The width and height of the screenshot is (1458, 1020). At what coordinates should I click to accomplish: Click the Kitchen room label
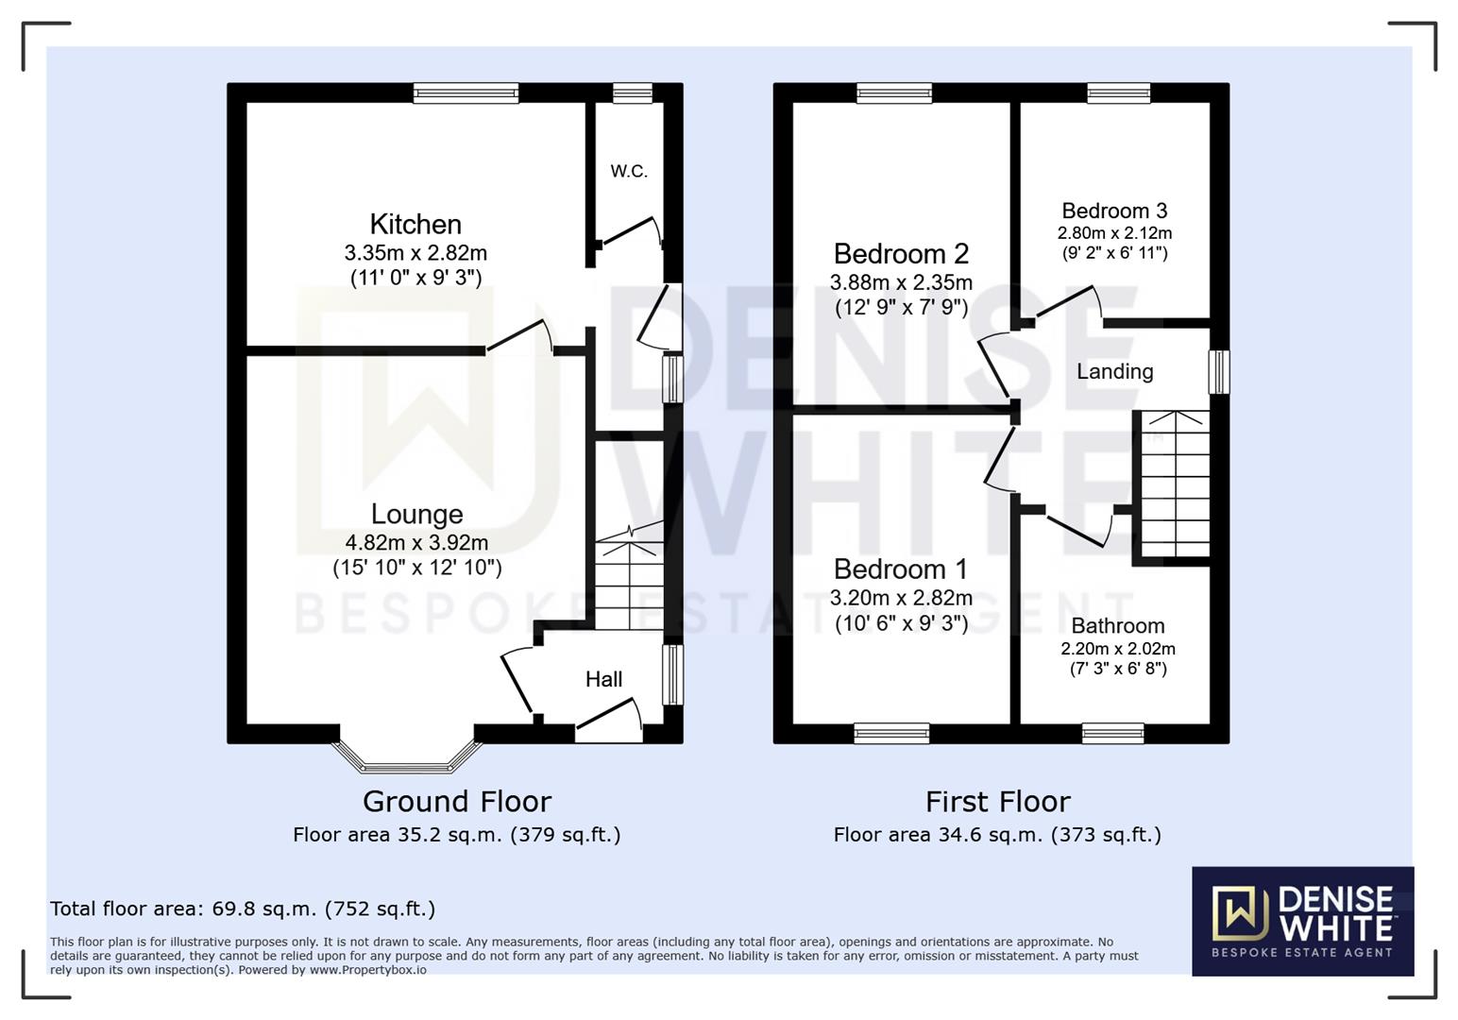[x=415, y=224]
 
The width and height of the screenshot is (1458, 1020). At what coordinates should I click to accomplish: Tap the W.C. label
[x=629, y=171]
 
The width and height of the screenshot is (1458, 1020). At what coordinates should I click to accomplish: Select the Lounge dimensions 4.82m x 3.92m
[x=416, y=542]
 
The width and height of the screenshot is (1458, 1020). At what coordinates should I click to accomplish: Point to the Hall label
[x=603, y=679]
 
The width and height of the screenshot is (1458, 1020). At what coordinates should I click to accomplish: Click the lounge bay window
[x=407, y=756]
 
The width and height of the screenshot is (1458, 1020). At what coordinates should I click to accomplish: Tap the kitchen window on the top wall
[x=466, y=93]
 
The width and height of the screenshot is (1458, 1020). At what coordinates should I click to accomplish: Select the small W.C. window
[x=632, y=93]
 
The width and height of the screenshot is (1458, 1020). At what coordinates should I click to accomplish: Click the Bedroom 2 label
[x=901, y=254]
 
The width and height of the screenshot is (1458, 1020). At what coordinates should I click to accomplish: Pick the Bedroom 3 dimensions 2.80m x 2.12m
[x=1114, y=233]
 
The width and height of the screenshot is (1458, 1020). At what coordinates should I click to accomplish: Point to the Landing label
[x=1114, y=371]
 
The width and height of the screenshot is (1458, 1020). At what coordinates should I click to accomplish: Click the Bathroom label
[x=1117, y=626]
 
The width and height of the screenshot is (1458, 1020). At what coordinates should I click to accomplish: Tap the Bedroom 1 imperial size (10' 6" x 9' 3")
[x=901, y=623]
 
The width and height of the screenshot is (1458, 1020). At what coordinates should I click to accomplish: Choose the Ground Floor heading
[x=457, y=801]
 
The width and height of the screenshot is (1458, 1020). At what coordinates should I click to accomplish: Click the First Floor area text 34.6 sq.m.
[x=996, y=835]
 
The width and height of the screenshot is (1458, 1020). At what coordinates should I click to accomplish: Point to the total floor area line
[x=243, y=909]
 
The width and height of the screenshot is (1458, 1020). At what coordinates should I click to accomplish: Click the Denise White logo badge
[x=1302, y=921]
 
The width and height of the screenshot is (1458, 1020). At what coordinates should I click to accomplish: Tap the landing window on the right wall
[x=1220, y=372]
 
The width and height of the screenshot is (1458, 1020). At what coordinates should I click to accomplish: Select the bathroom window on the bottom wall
[x=1112, y=733]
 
